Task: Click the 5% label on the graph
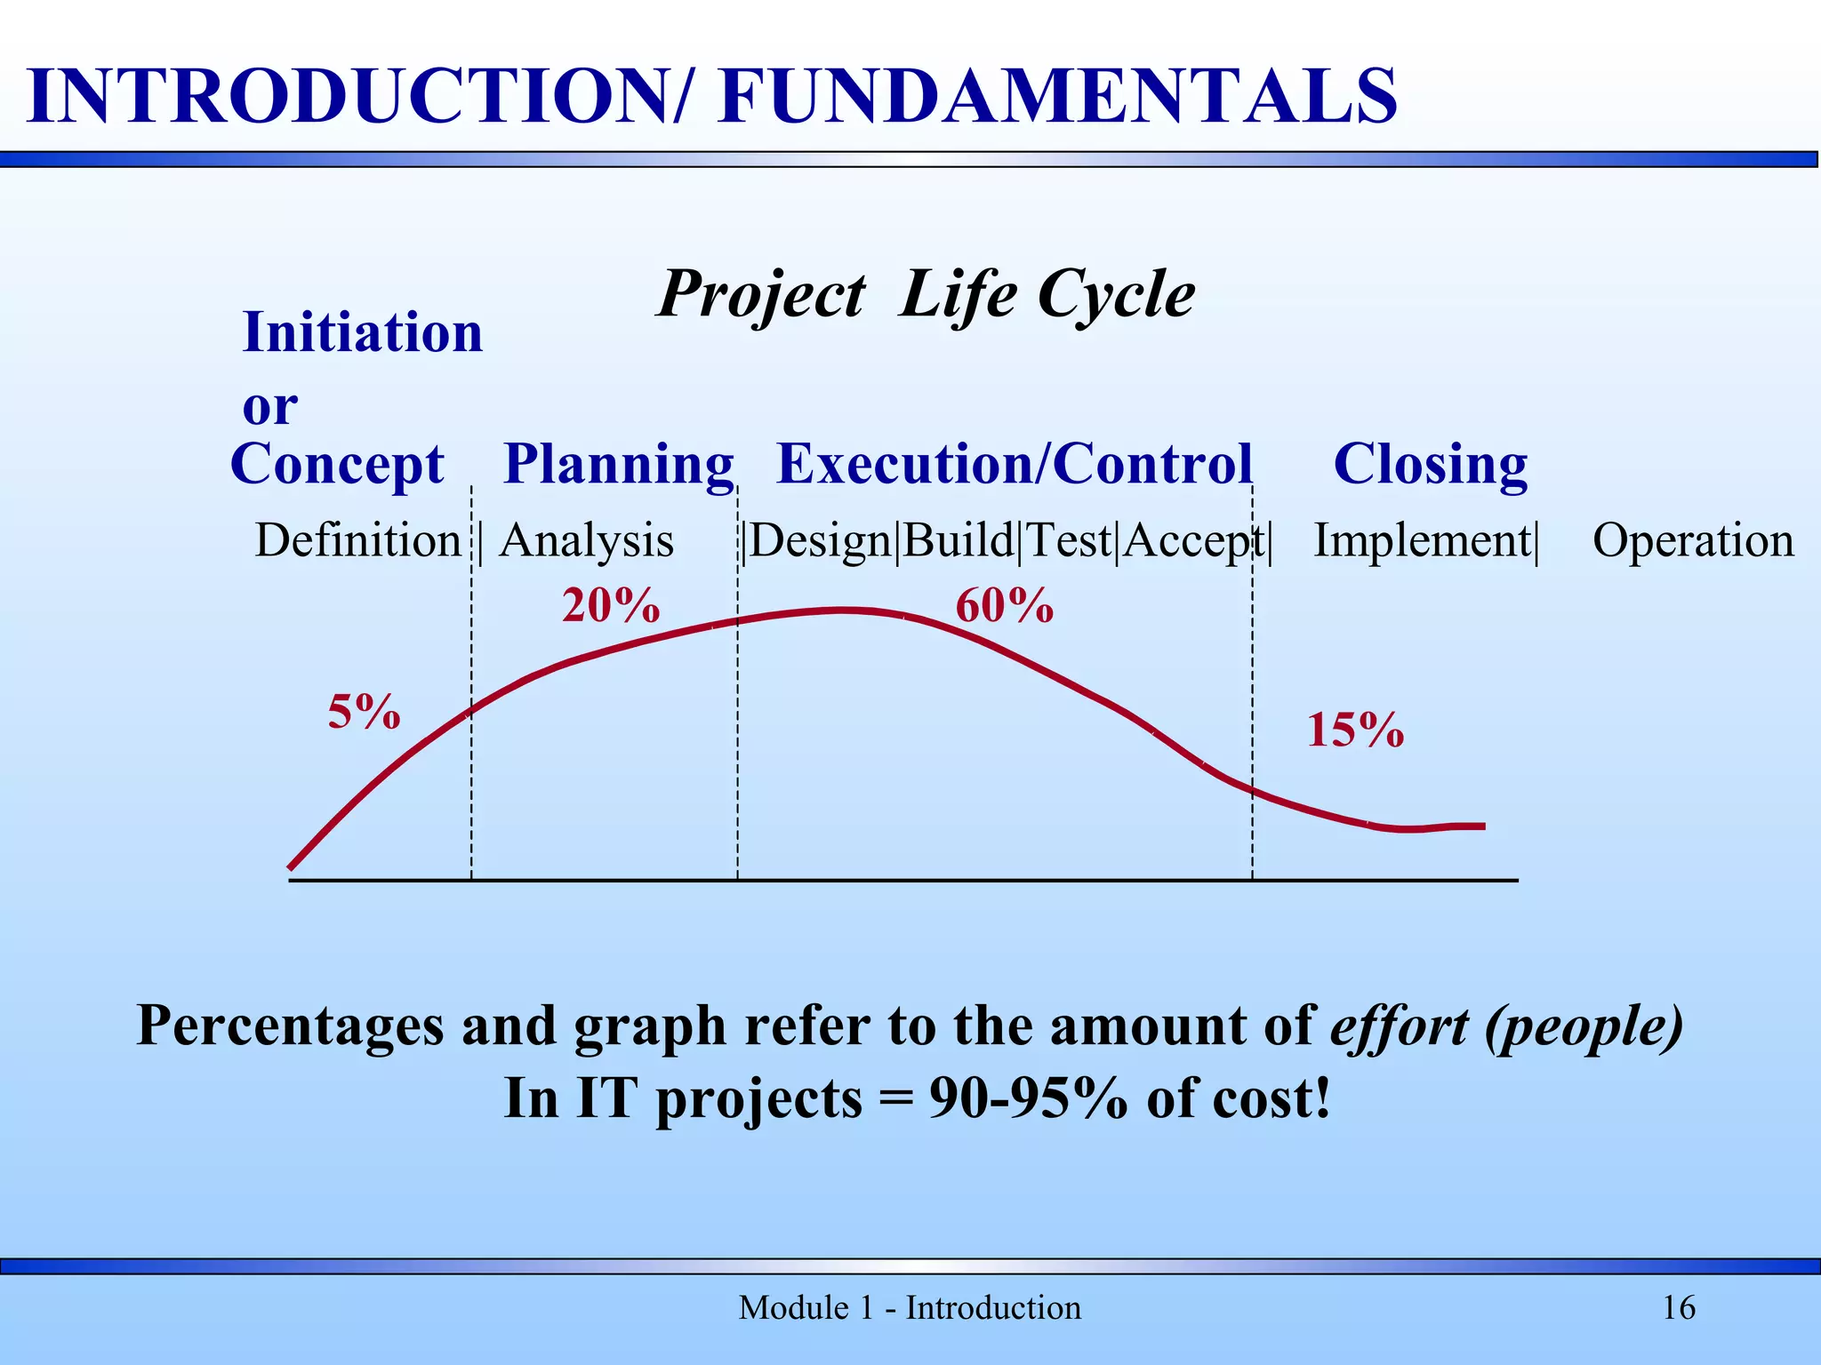tap(364, 712)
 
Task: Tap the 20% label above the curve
tap(611, 606)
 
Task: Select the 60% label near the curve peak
tap(1004, 606)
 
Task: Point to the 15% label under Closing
tap(1355, 730)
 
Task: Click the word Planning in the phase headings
tap(619, 465)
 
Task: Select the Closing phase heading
tap(1430, 464)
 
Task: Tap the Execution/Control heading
tap(1015, 464)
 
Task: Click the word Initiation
tap(363, 332)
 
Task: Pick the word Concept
tap(337, 465)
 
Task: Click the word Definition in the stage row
tap(357, 540)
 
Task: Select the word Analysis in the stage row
tap(587, 540)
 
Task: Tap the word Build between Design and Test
tap(959, 540)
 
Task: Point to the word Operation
tap(1693, 540)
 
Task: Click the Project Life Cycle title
tap(926, 294)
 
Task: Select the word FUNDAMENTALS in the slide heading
tap(1058, 96)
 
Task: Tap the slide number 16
tap(1678, 1308)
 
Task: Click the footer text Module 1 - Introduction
tap(910, 1308)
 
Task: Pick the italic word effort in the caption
tap(1399, 1026)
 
